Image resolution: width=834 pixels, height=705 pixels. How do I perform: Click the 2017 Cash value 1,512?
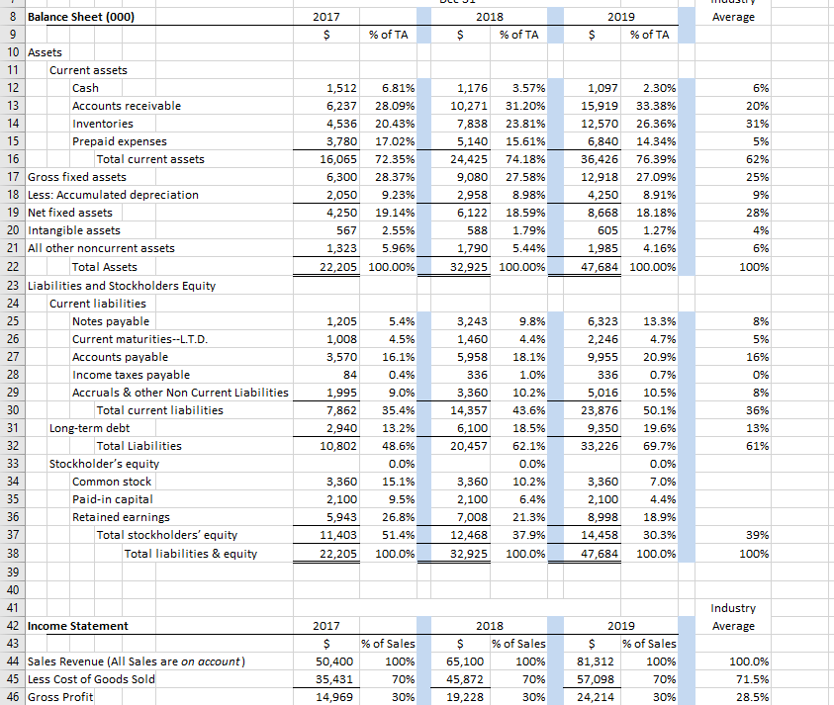click(x=341, y=88)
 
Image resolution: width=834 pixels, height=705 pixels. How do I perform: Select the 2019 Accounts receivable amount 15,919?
click(x=601, y=106)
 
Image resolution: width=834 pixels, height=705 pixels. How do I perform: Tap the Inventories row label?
click(x=103, y=124)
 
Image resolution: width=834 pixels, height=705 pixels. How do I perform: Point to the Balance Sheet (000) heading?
click(x=82, y=17)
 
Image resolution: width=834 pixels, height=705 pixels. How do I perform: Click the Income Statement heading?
click(x=78, y=626)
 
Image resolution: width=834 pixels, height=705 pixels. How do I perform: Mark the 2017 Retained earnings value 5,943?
click(x=341, y=517)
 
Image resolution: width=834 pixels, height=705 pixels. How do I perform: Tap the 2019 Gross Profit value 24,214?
click(x=601, y=697)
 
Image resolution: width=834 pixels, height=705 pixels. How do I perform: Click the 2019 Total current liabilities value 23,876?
click(x=601, y=410)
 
